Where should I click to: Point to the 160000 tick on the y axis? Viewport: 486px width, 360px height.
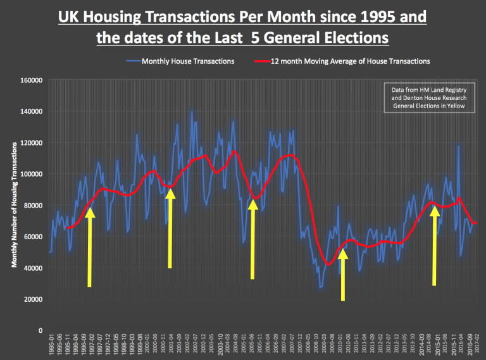[30, 80]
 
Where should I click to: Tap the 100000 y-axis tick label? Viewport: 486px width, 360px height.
[30, 174]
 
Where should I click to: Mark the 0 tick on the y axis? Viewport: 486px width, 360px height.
[39, 330]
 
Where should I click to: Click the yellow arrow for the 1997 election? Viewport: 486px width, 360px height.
[90, 247]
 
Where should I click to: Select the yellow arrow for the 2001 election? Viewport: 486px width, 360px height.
[170, 228]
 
